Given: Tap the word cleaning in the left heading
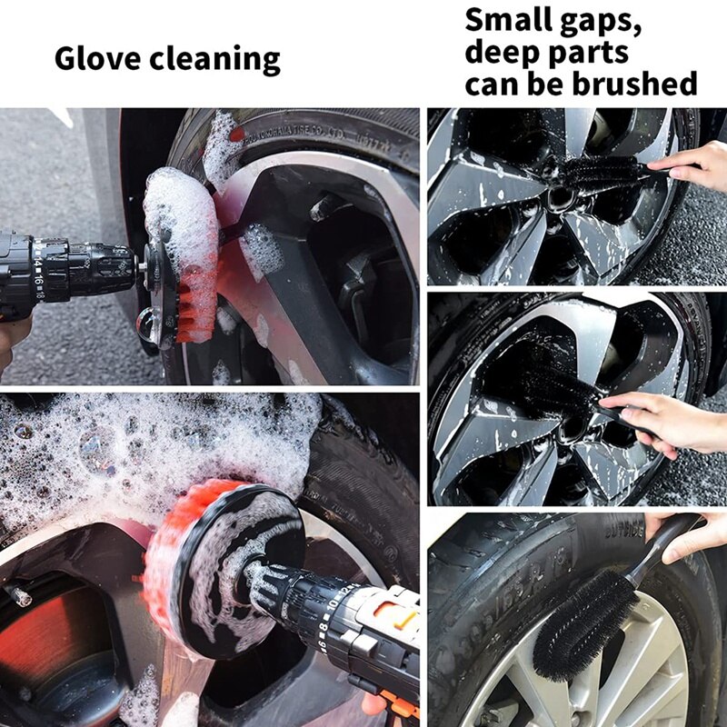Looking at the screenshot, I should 215,60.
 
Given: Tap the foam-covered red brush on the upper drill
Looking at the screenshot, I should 186,254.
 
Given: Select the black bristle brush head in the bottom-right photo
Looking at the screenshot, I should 582,622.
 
